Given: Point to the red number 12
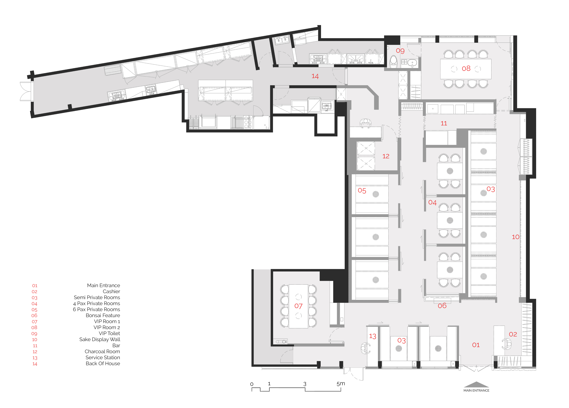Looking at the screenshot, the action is pyautogui.click(x=386, y=156).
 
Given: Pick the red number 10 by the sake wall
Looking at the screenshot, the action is pyautogui.click(x=516, y=237).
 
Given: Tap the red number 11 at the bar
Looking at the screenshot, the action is pyautogui.click(x=444, y=123).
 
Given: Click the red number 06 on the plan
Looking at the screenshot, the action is pyautogui.click(x=442, y=306).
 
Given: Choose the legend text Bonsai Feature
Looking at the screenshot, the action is pyautogui.click(x=103, y=315).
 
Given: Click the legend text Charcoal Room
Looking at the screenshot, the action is pyautogui.click(x=102, y=351).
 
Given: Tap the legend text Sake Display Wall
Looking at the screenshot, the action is pyautogui.click(x=100, y=339).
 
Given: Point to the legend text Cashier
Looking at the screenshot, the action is pyautogui.click(x=111, y=291).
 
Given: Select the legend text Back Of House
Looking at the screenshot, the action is pyautogui.click(x=103, y=364).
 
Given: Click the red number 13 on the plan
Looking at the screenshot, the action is pyautogui.click(x=373, y=336).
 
